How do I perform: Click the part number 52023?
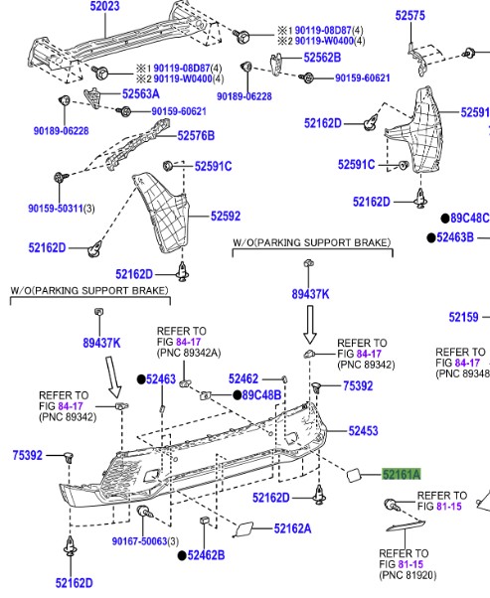click(104, 7)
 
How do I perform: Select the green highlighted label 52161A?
click(402, 475)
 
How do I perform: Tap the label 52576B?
click(196, 136)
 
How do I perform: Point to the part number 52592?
click(226, 217)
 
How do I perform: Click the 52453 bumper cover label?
click(363, 431)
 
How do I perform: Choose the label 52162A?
click(292, 528)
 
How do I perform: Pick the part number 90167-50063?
click(140, 541)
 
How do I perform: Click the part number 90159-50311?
click(56, 209)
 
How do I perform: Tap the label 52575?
click(409, 16)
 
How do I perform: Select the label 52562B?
click(322, 58)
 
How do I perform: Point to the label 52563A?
click(141, 93)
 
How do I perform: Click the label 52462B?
click(206, 555)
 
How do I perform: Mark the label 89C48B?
click(261, 395)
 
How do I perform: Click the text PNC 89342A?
click(189, 353)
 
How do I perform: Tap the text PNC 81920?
click(408, 575)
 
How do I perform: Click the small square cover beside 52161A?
click(354, 476)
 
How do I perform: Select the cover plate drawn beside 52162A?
click(244, 529)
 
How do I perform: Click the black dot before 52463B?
click(430, 238)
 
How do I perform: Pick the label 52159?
click(463, 317)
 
